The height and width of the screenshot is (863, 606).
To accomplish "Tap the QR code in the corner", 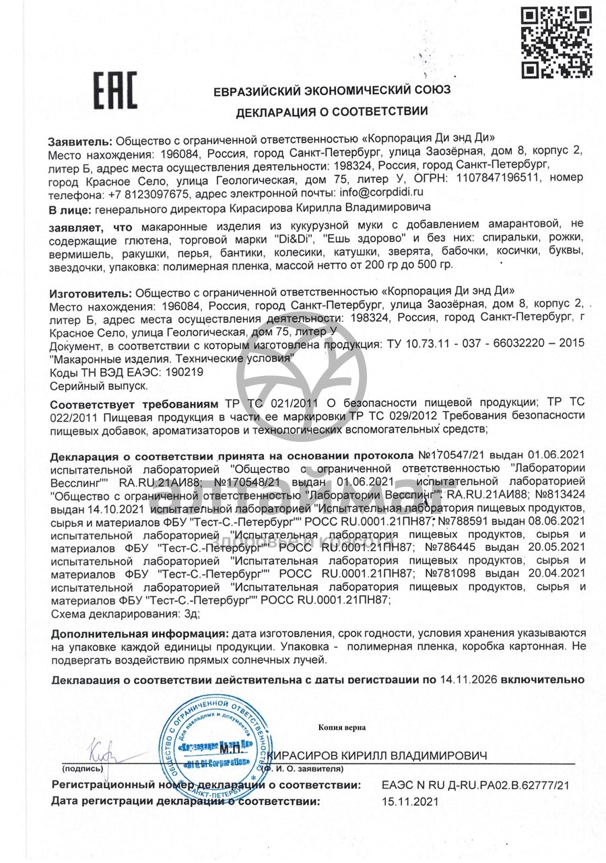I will [x=556, y=42].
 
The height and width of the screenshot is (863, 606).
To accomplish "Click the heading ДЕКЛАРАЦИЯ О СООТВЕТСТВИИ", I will [x=331, y=112].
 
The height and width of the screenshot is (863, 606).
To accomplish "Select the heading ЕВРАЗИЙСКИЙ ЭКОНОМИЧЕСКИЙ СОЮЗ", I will [x=332, y=90].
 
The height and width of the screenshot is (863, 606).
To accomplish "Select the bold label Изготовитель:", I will [x=92, y=293].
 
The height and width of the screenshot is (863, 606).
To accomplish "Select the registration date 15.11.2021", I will [x=409, y=801].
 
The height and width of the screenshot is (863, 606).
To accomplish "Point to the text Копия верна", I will [x=342, y=727].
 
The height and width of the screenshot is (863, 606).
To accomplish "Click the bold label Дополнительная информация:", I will [x=139, y=634].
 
